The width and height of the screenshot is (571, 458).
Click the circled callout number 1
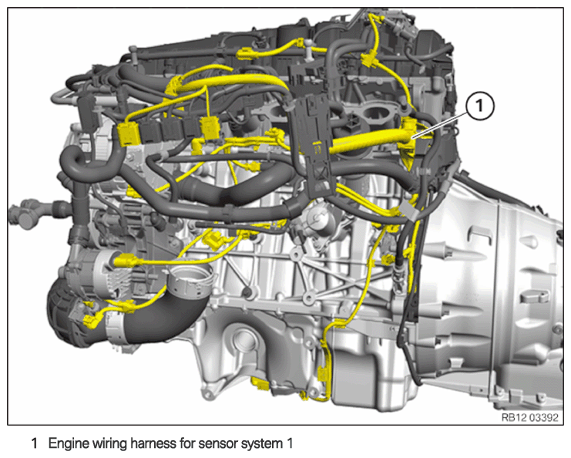point(479,106)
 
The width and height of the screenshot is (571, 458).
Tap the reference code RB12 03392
point(529,417)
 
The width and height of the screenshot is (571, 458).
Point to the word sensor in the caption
point(211,444)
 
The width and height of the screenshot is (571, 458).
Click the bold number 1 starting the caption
point(34,443)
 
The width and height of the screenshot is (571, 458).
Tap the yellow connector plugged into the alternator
point(126,261)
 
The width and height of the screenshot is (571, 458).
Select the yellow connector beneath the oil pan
point(260,385)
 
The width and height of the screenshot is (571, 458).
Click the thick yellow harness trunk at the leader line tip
point(371,142)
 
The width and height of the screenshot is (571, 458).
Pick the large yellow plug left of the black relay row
point(128,133)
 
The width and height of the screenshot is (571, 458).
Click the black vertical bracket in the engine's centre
point(314,146)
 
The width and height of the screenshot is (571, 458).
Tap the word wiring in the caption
point(109,444)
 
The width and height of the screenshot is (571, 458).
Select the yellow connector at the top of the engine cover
point(244,55)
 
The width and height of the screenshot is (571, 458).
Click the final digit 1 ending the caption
point(289,444)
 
